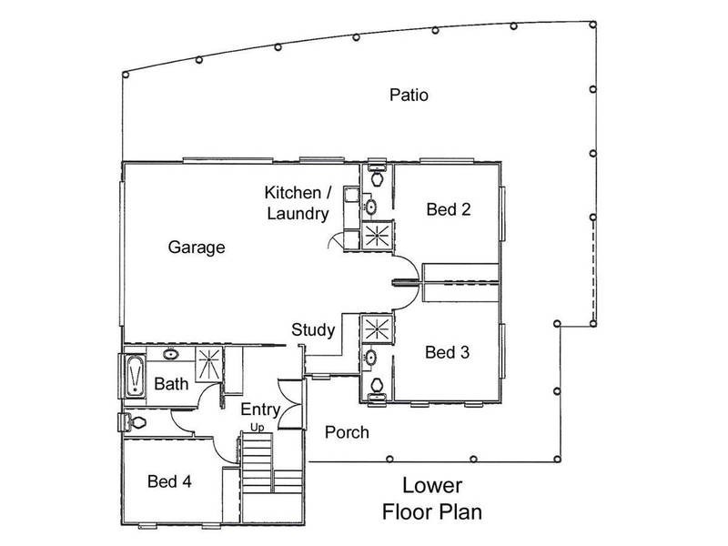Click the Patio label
tap(409, 96)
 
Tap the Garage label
tap(197, 247)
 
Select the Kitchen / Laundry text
tap(298, 203)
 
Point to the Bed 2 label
tap(449, 209)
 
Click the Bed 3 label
tap(447, 352)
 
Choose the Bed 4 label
tap(169, 481)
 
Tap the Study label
tap(313, 330)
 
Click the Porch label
tap(347, 433)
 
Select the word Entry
tap(260, 410)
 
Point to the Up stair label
tap(258, 427)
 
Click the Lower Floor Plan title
tap(432, 499)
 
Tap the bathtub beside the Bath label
tap(135, 376)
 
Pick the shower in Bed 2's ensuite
tap(377, 235)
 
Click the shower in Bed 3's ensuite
tap(377, 329)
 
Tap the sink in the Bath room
tap(171, 354)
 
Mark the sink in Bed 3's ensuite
tap(370, 358)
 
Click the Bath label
tap(171, 384)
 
